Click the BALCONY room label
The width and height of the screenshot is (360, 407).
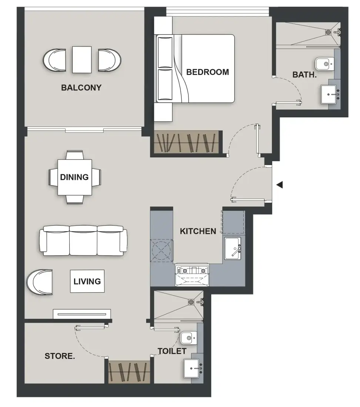pos(81,88)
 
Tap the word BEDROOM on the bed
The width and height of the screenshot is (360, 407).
pos(207,72)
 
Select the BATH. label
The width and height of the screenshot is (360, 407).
pos(304,75)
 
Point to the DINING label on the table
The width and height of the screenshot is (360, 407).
pos(74,177)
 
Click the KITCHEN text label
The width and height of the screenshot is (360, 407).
pos(198,231)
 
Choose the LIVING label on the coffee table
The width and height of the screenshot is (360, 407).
pos(87,281)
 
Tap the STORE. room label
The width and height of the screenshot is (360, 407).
pos(60,356)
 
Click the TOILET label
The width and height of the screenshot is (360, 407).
pos(172,351)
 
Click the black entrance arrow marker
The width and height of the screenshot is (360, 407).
pos(280,185)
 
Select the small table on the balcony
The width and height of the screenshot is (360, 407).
pos(82,60)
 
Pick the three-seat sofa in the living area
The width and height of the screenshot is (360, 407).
pos(83,240)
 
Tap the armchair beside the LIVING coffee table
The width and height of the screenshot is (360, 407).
pos(40,282)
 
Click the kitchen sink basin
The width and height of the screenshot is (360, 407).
pos(233,248)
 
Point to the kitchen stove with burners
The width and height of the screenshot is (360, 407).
pos(192,271)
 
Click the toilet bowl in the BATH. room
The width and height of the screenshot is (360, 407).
pos(324,64)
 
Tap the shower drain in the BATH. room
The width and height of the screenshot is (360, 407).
pos(328,32)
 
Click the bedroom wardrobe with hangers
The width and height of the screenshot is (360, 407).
pos(187,142)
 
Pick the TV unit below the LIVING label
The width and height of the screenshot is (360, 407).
pos(82,314)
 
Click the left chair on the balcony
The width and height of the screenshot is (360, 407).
pos(54,60)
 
